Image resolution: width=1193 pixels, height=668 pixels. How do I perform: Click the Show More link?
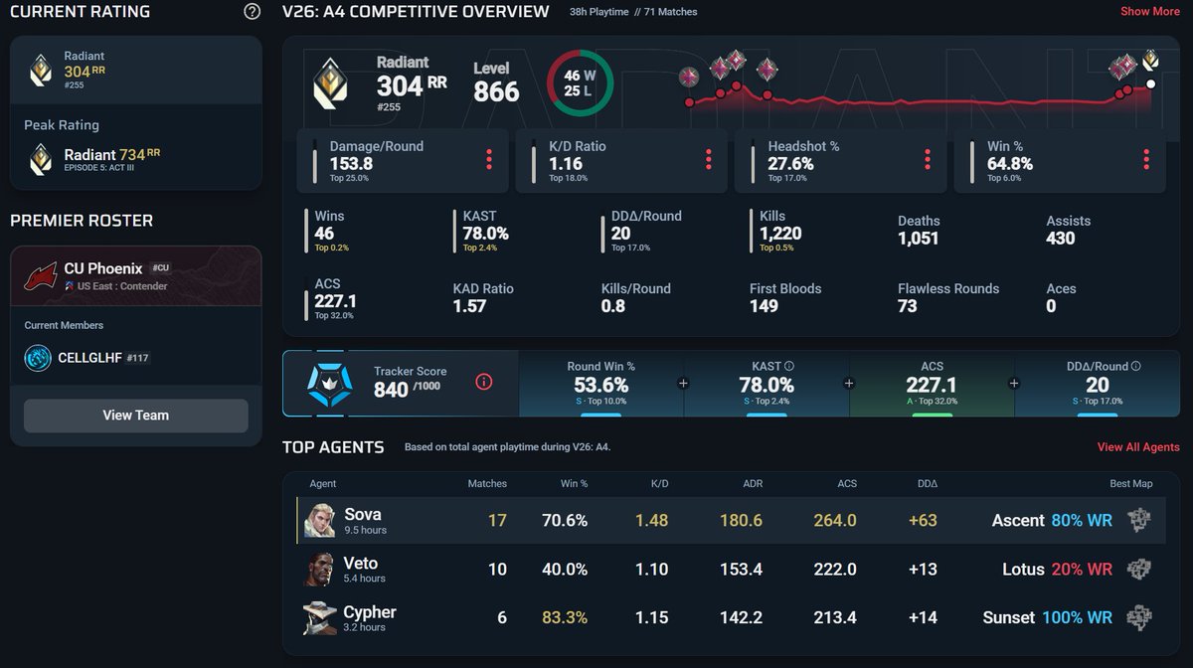pos(1150,11)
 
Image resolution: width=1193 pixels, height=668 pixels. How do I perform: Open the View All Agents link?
pos(1138,447)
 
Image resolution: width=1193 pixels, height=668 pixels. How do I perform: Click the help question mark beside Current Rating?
pos(252,11)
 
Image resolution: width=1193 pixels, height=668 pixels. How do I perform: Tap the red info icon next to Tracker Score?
pos(483,382)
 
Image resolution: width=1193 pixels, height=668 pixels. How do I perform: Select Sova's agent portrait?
pos(319,520)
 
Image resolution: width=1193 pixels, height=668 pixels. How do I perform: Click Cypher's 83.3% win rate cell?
pos(565,617)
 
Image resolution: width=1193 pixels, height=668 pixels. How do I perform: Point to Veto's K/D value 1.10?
pos(651,569)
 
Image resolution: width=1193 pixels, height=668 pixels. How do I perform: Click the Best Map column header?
pos(1130,484)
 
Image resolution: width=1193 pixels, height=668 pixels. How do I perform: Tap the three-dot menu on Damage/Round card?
pos(489,160)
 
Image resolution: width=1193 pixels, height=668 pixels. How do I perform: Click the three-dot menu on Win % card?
pos(1146,160)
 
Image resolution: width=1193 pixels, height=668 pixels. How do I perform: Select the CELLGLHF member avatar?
pos(38,358)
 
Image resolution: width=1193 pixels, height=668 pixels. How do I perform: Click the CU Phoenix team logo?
pos(41,276)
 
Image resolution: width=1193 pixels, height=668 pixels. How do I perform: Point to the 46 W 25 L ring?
pos(580,52)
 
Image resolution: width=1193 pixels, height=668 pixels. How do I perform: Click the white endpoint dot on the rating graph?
pos(1151,84)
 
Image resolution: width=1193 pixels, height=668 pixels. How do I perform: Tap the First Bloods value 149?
pos(764,306)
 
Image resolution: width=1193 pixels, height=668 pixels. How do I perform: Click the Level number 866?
pos(496,91)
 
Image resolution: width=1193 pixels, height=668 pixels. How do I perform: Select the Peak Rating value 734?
pos(132,155)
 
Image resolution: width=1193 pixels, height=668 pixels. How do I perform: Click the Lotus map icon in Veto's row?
pos(1139,569)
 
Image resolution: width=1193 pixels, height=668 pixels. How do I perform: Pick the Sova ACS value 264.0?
pos(834,520)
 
